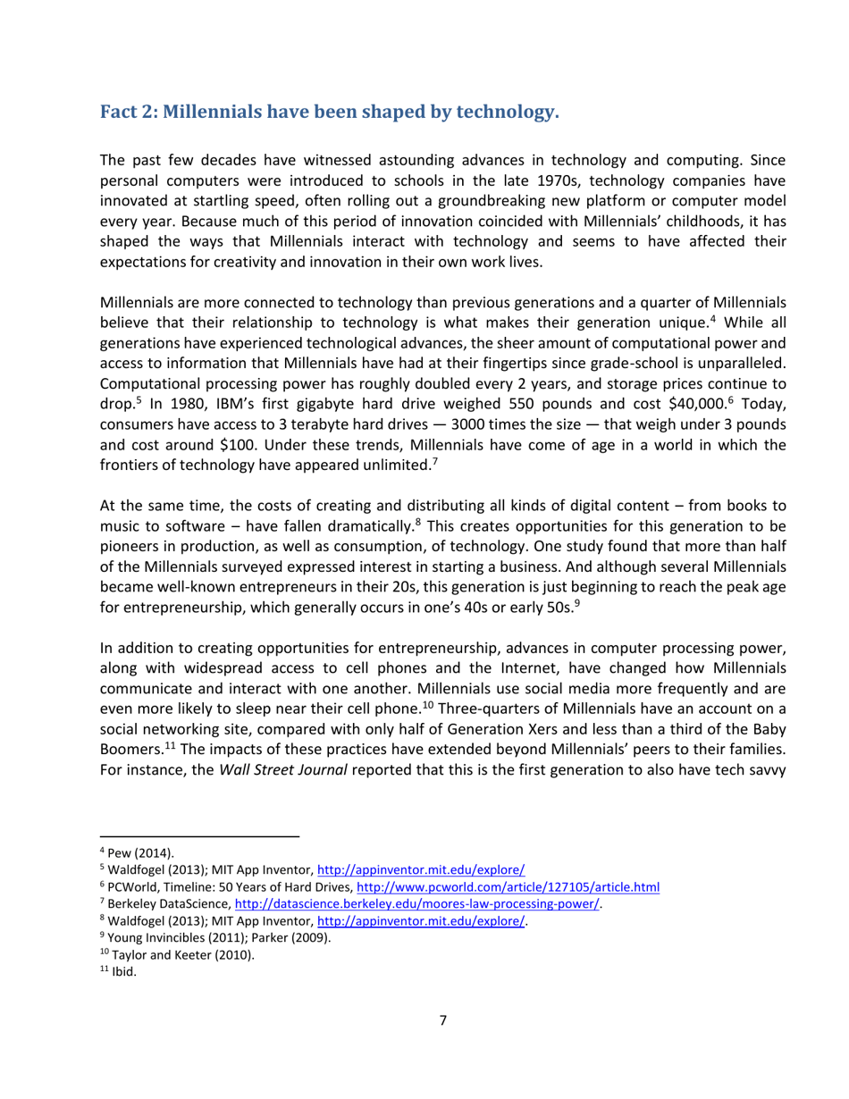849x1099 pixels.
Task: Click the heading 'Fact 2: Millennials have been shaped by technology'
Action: point(329,113)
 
